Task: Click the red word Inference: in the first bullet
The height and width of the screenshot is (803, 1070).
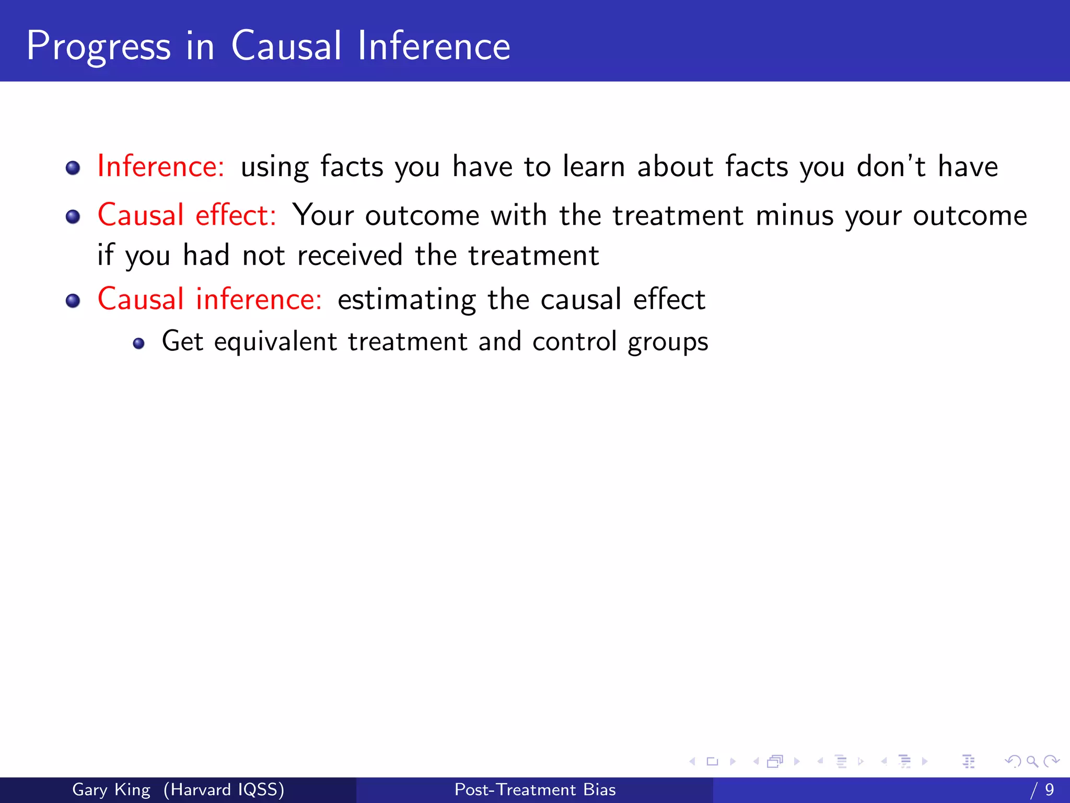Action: [161, 166]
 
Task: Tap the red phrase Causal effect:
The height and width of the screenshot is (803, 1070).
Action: [187, 215]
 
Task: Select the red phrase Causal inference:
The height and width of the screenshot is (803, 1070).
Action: [210, 299]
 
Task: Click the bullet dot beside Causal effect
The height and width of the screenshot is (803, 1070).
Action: [73, 216]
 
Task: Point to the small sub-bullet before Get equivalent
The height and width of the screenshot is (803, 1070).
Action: [138, 343]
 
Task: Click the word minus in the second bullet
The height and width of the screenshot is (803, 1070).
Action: [794, 215]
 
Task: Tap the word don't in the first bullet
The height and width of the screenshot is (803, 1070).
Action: [891, 166]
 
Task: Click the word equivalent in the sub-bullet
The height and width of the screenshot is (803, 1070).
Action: [275, 342]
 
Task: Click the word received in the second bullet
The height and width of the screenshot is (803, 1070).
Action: [350, 255]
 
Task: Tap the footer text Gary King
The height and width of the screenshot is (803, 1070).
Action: [111, 789]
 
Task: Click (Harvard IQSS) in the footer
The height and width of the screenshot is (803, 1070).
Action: [224, 789]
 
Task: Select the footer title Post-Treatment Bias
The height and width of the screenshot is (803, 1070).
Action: [535, 789]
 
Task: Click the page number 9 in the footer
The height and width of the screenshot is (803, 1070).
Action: [1050, 789]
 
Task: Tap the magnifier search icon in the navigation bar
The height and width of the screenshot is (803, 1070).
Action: [1032, 762]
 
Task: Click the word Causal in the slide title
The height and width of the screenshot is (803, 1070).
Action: [286, 46]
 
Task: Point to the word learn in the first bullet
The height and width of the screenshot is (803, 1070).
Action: [594, 166]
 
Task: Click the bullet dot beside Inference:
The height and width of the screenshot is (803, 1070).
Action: [73, 168]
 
